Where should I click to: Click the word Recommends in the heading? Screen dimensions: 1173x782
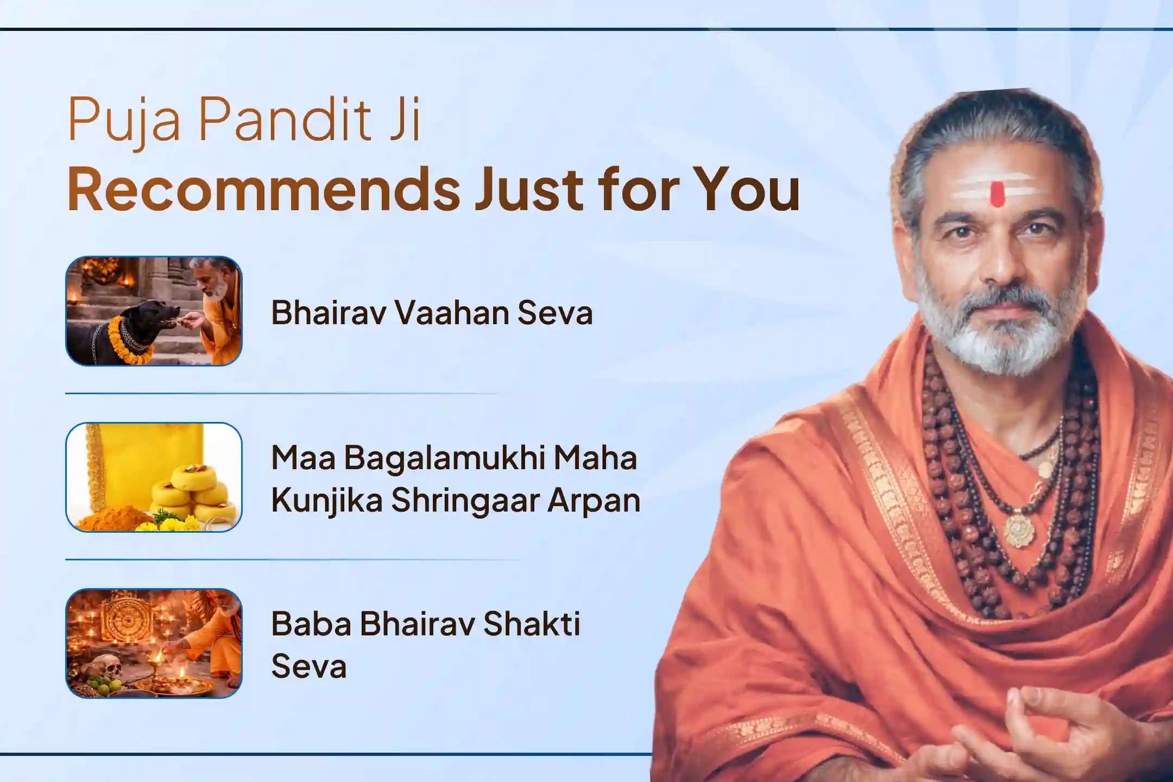[264, 190]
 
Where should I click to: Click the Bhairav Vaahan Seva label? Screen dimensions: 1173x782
[432, 313]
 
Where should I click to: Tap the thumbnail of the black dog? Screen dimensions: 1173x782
[154, 311]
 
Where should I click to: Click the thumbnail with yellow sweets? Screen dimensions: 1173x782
[154, 477]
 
